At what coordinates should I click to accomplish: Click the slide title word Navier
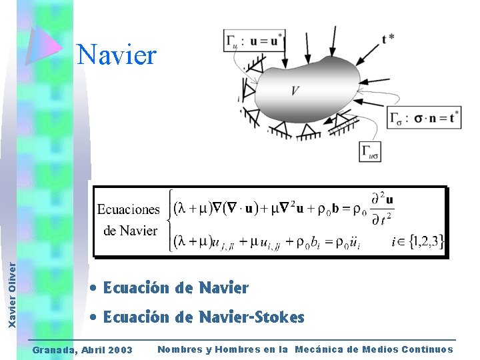pos(117,54)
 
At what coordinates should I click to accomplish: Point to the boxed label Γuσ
pos(371,151)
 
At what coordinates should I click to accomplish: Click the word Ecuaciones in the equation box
pos(129,209)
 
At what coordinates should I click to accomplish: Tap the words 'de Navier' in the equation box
pos(131,231)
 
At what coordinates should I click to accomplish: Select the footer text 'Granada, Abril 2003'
pos(83,350)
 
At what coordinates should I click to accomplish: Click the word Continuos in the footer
pos(425,349)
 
